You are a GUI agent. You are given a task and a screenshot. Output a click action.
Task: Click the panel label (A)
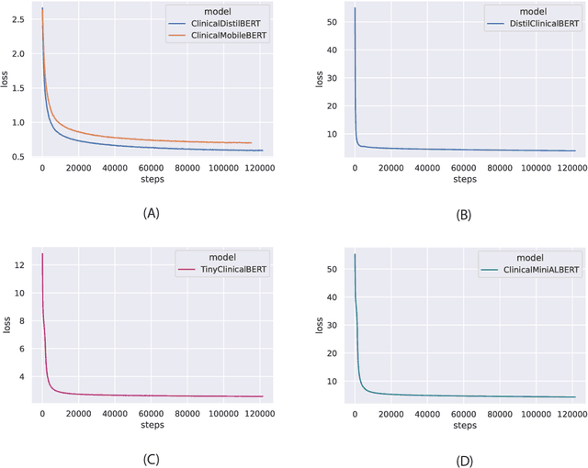click(x=151, y=212)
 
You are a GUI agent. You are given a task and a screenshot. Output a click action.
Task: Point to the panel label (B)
click(x=464, y=213)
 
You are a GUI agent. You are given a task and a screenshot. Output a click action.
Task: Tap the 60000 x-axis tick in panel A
click(x=152, y=168)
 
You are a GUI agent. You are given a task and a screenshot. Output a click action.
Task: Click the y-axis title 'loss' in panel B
click(x=318, y=80)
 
